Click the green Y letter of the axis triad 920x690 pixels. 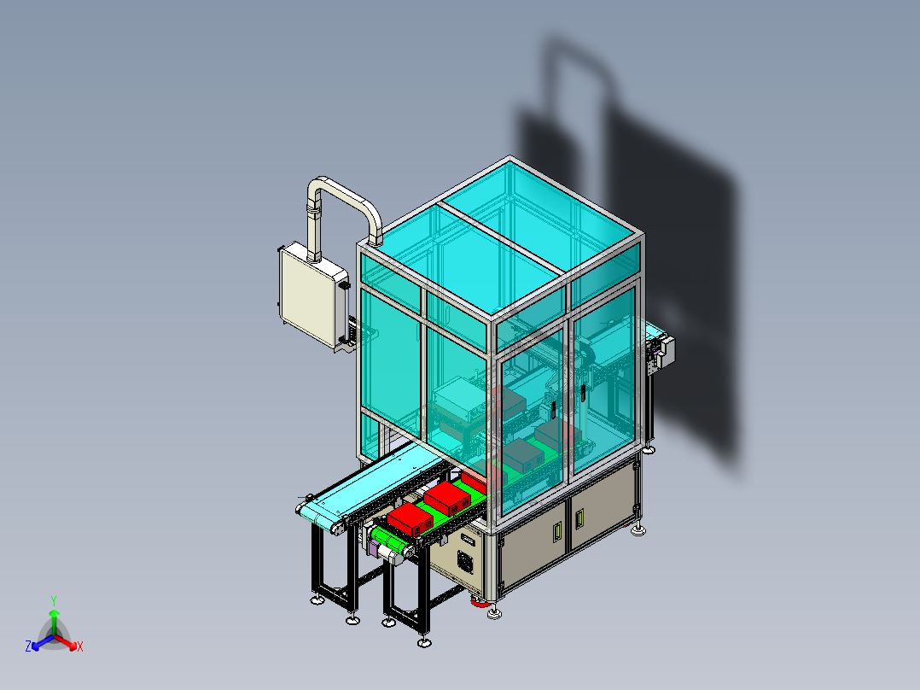tap(53, 599)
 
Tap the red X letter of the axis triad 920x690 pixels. tap(80, 647)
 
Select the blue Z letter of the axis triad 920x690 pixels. tap(28, 647)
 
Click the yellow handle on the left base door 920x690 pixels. tap(559, 532)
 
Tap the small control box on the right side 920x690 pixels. tap(661, 353)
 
